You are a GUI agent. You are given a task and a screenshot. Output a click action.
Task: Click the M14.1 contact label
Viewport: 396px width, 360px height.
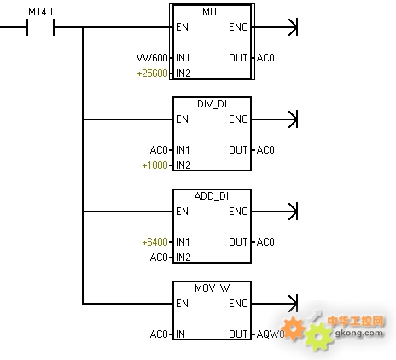pos(41,12)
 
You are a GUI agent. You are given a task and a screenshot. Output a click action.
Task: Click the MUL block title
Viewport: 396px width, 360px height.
pos(212,12)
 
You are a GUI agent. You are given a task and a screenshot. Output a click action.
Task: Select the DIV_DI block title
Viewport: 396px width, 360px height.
pos(212,104)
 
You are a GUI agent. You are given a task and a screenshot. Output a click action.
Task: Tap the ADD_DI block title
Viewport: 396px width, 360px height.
pos(212,196)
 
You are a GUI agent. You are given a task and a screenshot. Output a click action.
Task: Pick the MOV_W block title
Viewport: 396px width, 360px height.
pos(213,288)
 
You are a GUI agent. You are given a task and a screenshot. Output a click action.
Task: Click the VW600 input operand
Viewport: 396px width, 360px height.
pos(152,58)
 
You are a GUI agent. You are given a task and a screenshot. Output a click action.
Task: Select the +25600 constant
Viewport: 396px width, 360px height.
pos(152,73)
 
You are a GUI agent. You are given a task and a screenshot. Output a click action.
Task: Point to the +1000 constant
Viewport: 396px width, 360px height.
pos(154,165)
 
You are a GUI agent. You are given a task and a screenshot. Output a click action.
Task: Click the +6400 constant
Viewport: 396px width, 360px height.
pos(154,242)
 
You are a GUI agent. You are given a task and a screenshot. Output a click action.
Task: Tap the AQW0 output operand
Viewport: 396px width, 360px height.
pos(271,334)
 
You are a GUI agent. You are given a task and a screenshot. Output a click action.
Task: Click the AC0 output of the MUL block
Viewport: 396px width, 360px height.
pos(265,58)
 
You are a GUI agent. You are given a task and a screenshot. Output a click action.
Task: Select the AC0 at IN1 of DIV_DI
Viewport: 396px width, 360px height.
pos(159,150)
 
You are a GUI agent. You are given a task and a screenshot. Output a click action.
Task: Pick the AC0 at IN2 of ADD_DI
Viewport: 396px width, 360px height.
pos(159,258)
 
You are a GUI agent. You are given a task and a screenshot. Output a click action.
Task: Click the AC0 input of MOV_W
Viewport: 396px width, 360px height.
pos(159,334)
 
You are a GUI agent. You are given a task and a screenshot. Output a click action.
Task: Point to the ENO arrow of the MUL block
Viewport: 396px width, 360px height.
pos(275,27)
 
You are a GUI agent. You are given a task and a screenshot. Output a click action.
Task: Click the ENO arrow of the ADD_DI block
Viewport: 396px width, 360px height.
pos(275,212)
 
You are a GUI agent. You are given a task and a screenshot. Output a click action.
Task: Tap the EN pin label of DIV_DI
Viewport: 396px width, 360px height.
pos(182,119)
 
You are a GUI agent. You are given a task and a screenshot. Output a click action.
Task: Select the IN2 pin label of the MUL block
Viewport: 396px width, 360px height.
pos(183,73)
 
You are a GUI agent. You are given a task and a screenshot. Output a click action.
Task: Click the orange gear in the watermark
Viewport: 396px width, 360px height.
pos(294,329)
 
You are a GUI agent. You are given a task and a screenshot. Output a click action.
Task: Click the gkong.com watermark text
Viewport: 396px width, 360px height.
pos(359,333)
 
